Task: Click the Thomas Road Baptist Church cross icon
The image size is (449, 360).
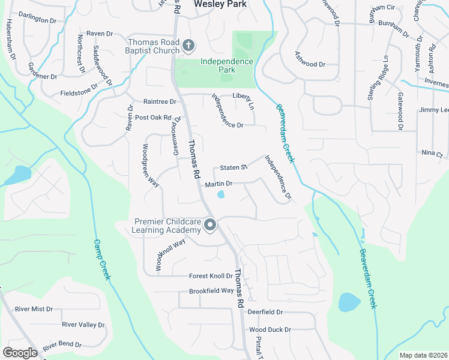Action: pyautogui.click(x=188, y=46)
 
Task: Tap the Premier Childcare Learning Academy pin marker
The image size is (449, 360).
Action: pyautogui.click(x=210, y=226)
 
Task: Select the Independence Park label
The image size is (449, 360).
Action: pyautogui.click(x=226, y=65)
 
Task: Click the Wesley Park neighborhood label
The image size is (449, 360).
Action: pyautogui.click(x=220, y=4)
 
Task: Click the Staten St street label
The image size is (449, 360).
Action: pyautogui.click(x=234, y=168)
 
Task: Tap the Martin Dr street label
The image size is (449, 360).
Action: pyautogui.click(x=218, y=184)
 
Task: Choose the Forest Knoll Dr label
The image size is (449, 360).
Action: pyautogui.click(x=211, y=276)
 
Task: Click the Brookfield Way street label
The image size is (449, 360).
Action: pyautogui.click(x=211, y=290)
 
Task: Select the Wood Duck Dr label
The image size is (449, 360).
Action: pyautogui.click(x=270, y=329)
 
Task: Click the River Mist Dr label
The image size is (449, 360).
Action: pyautogui.click(x=34, y=309)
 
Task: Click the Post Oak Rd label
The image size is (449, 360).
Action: pyautogui.click(x=154, y=118)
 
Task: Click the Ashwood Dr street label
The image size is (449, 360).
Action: pyautogui.click(x=310, y=64)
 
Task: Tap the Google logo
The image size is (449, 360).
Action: pyautogui.click(x=20, y=352)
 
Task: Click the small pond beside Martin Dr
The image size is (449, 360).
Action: pyautogui.click(x=221, y=194)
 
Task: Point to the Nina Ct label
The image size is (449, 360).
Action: pyautogui.click(x=431, y=153)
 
